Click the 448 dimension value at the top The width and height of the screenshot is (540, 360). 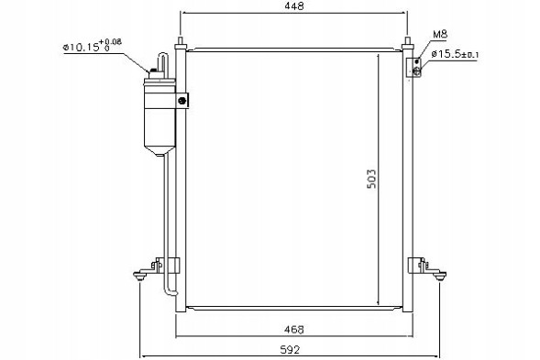coord(293,5)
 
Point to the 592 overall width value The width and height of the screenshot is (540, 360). coord(292,349)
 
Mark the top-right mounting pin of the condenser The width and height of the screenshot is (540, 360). coord(406,42)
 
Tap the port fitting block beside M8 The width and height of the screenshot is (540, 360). coord(415,67)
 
